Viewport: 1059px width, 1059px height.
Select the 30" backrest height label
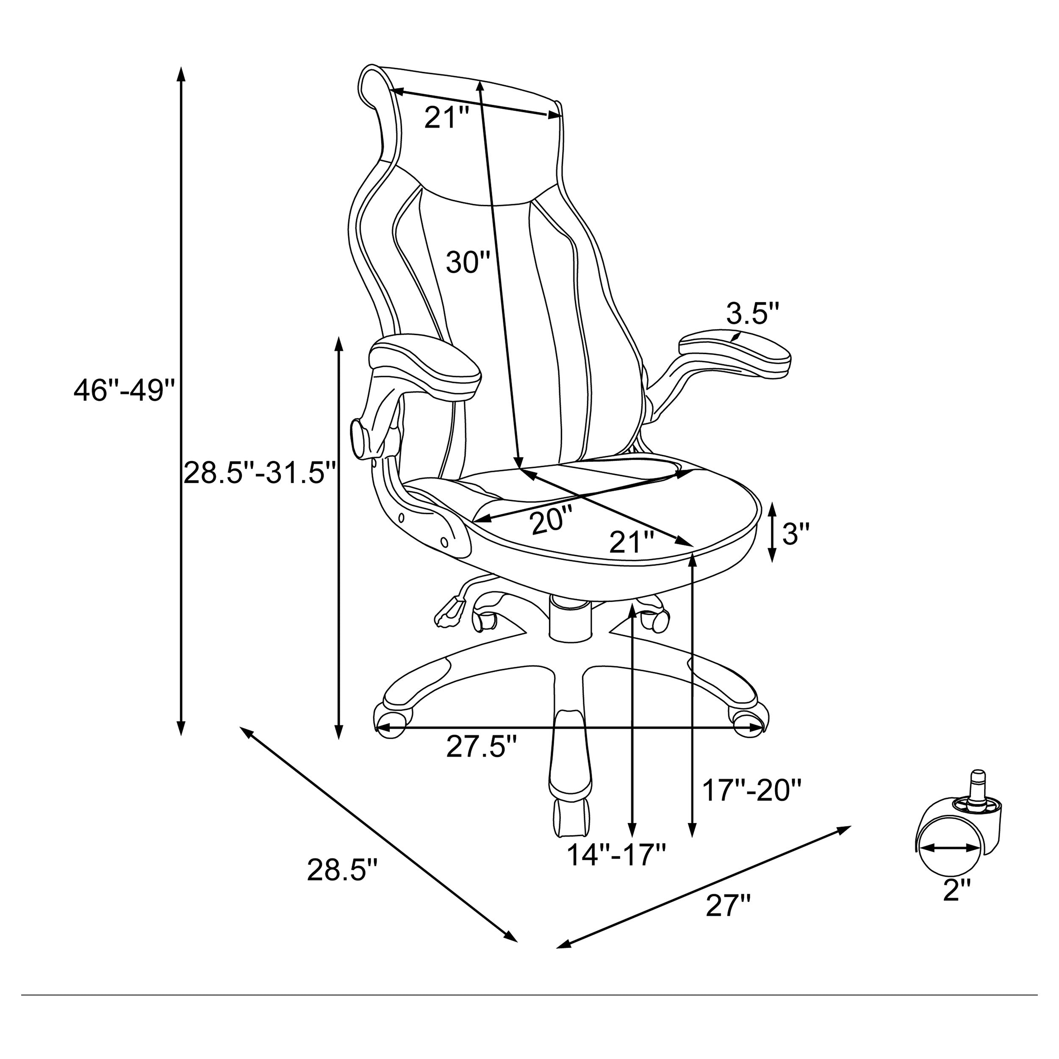(468, 262)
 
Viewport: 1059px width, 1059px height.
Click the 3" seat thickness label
(796, 533)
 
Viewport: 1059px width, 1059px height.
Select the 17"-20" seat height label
(752, 790)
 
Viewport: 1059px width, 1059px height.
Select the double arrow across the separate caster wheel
(949, 848)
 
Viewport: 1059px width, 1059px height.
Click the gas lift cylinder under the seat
(570, 619)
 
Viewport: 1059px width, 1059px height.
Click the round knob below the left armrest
(360, 438)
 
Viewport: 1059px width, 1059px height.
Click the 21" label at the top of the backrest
(447, 118)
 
